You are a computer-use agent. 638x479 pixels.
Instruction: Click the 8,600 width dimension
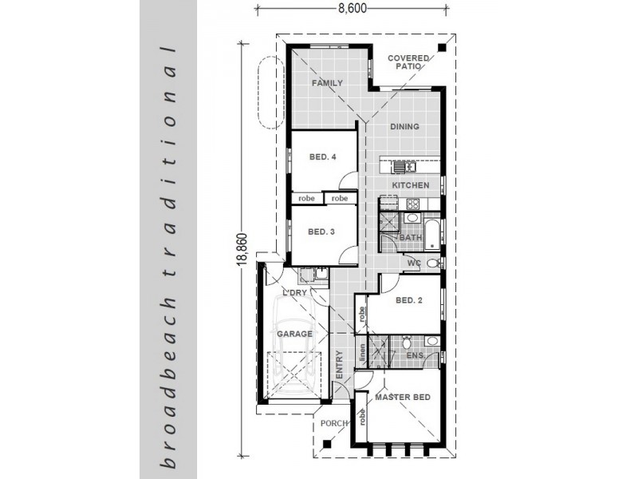click(352, 8)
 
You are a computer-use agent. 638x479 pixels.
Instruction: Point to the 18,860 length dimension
click(242, 249)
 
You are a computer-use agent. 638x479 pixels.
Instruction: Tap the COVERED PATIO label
click(408, 62)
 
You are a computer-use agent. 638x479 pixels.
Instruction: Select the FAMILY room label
click(327, 83)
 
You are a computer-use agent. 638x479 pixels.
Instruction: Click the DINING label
click(404, 127)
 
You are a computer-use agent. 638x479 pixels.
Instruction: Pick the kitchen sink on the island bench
click(404, 167)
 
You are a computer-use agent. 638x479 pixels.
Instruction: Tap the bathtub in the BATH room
click(432, 234)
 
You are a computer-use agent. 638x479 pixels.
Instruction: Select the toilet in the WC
click(434, 263)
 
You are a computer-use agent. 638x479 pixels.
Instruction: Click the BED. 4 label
click(323, 156)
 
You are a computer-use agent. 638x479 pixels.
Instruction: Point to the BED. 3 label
click(321, 232)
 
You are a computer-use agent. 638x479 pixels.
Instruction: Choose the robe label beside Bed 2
click(361, 314)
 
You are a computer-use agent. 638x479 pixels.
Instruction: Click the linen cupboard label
click(362, 353)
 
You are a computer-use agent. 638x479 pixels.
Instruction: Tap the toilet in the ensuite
click(406, 342)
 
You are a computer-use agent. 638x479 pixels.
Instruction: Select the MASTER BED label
click(403, 397)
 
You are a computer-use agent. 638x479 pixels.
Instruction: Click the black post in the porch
click(326, 445)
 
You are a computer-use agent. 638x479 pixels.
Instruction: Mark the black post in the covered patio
click(442, 48)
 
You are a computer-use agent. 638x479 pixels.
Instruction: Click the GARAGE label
click(294, 334)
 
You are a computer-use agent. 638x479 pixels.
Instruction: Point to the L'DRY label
click(294, 292)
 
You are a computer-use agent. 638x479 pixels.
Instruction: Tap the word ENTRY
click(340, 365)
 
